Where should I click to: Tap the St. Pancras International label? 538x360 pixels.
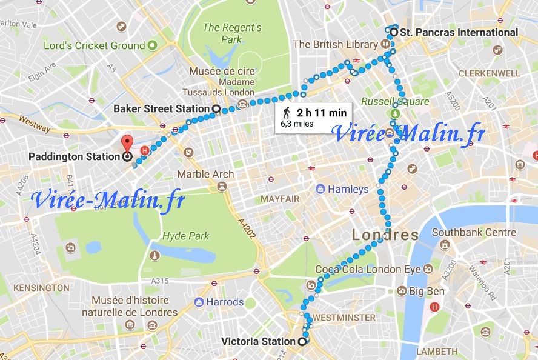coord(459,32)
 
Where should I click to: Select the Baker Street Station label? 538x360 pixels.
coord(161,108)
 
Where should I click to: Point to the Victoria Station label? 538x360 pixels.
coord(257,341)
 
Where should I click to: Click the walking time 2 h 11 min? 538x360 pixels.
coord(321,112)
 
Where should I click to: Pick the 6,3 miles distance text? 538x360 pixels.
coord(297,124)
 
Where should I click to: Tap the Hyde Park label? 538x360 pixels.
coord(185,236)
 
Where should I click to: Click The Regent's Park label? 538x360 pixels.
coord(231,33)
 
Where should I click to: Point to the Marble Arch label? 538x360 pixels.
coord(205,175)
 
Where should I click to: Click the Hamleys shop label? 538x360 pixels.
coord(348,189)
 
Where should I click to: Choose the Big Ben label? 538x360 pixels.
coord(427,291)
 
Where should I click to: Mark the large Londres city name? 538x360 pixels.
coord(385,235)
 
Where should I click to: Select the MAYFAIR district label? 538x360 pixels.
coord(280,198)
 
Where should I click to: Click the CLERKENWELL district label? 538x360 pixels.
coord(489,73)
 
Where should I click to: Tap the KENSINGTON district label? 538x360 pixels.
coord(42,287)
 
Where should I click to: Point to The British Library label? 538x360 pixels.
coord(334,45)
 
